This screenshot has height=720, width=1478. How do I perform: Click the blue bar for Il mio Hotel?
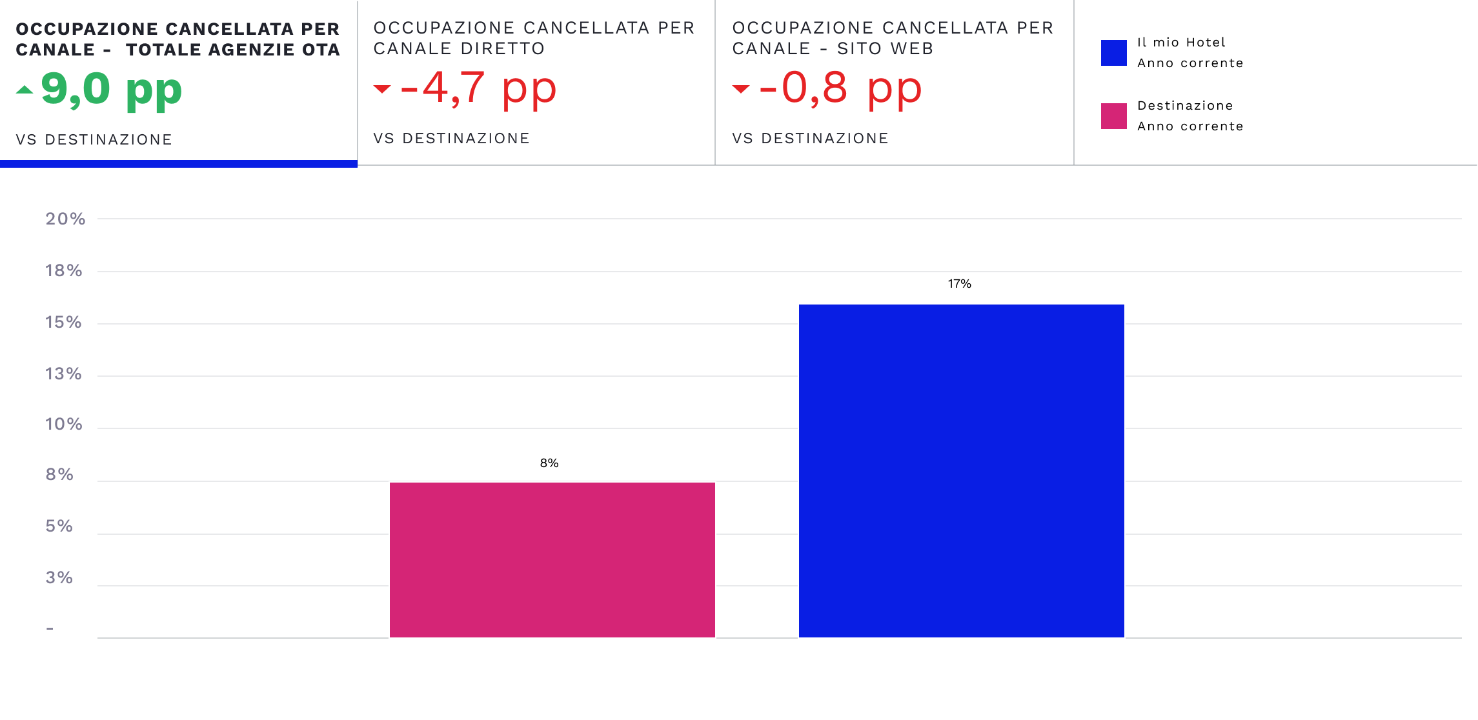(961, 471)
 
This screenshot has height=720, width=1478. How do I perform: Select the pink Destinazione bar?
(552, 559)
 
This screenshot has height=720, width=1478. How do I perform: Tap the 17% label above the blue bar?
(959, 284)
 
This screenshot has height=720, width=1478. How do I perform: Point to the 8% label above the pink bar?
(549, 463)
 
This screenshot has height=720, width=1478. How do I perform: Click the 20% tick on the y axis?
(65, 219)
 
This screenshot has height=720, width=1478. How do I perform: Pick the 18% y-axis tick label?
(63, 270)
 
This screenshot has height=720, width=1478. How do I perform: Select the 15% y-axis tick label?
(63, 322)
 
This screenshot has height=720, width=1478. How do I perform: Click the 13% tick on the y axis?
(63, 374)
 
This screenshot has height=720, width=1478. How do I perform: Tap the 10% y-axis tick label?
(63, 424)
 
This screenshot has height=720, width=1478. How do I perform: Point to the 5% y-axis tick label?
(59, 526)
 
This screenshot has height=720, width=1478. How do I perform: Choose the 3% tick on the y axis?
(59, 577)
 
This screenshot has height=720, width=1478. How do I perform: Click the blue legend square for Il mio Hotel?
(1113, 53)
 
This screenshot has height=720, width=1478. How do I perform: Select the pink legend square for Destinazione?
(1113, 116)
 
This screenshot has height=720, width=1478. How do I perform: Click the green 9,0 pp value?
(112, 89)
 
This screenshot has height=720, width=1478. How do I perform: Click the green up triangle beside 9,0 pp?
(25, 90)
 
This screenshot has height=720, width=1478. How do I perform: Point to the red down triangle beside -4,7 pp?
(382, 89)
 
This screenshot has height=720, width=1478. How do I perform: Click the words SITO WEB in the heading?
(885, 49)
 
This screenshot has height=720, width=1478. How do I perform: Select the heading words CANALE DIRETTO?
(459, 49)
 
